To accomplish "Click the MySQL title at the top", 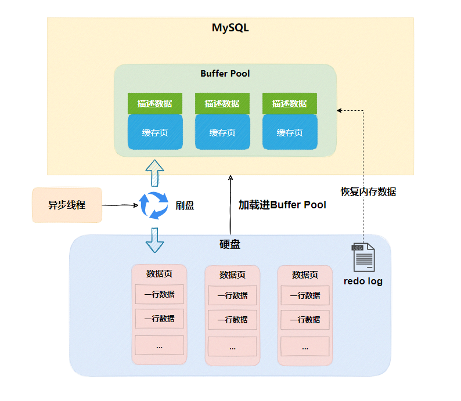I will pos(230,28).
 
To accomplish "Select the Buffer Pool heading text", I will pos(225,74).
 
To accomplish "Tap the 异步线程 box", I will pos(67,205).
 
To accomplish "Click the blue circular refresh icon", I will pos(153,205).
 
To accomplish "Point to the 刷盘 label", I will pos(185,205).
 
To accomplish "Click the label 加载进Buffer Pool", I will pos(282,205).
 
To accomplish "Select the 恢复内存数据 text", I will pos(368,192).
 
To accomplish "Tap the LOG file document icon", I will pos(363,258).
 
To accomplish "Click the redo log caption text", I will pos(363,281).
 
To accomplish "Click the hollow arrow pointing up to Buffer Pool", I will pos(154,173).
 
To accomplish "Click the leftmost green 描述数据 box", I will pos(155,103).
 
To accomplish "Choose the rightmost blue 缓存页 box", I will pos(290,132).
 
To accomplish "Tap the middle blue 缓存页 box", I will pos(222,132).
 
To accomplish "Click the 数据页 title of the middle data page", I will pos(232,274).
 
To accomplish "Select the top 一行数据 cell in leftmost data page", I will pos(159,294).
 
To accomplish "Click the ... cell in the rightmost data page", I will pos(305,346).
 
